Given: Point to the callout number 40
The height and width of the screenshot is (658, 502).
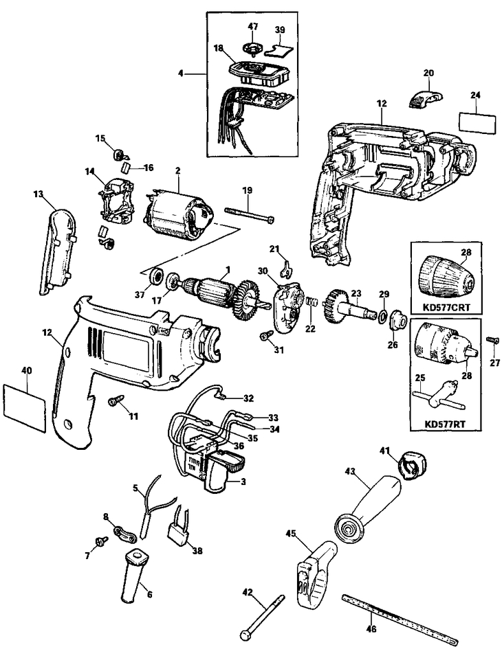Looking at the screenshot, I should tap(27, 371).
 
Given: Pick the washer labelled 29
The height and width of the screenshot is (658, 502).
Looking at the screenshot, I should tap(380, 316).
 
